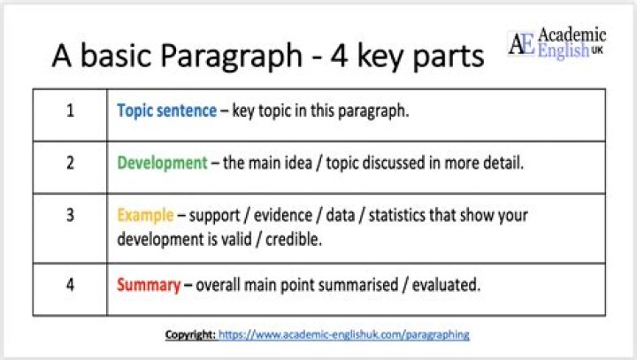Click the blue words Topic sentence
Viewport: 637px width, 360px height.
tap(166, 111)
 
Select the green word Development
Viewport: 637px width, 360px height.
tap(161, 163)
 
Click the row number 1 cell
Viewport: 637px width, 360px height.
tap(70, 111)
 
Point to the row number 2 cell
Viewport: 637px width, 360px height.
tap(70, 163)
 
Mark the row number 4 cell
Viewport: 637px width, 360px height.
tap(70, 285)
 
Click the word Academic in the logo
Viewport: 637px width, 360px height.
tap(572, 35)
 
